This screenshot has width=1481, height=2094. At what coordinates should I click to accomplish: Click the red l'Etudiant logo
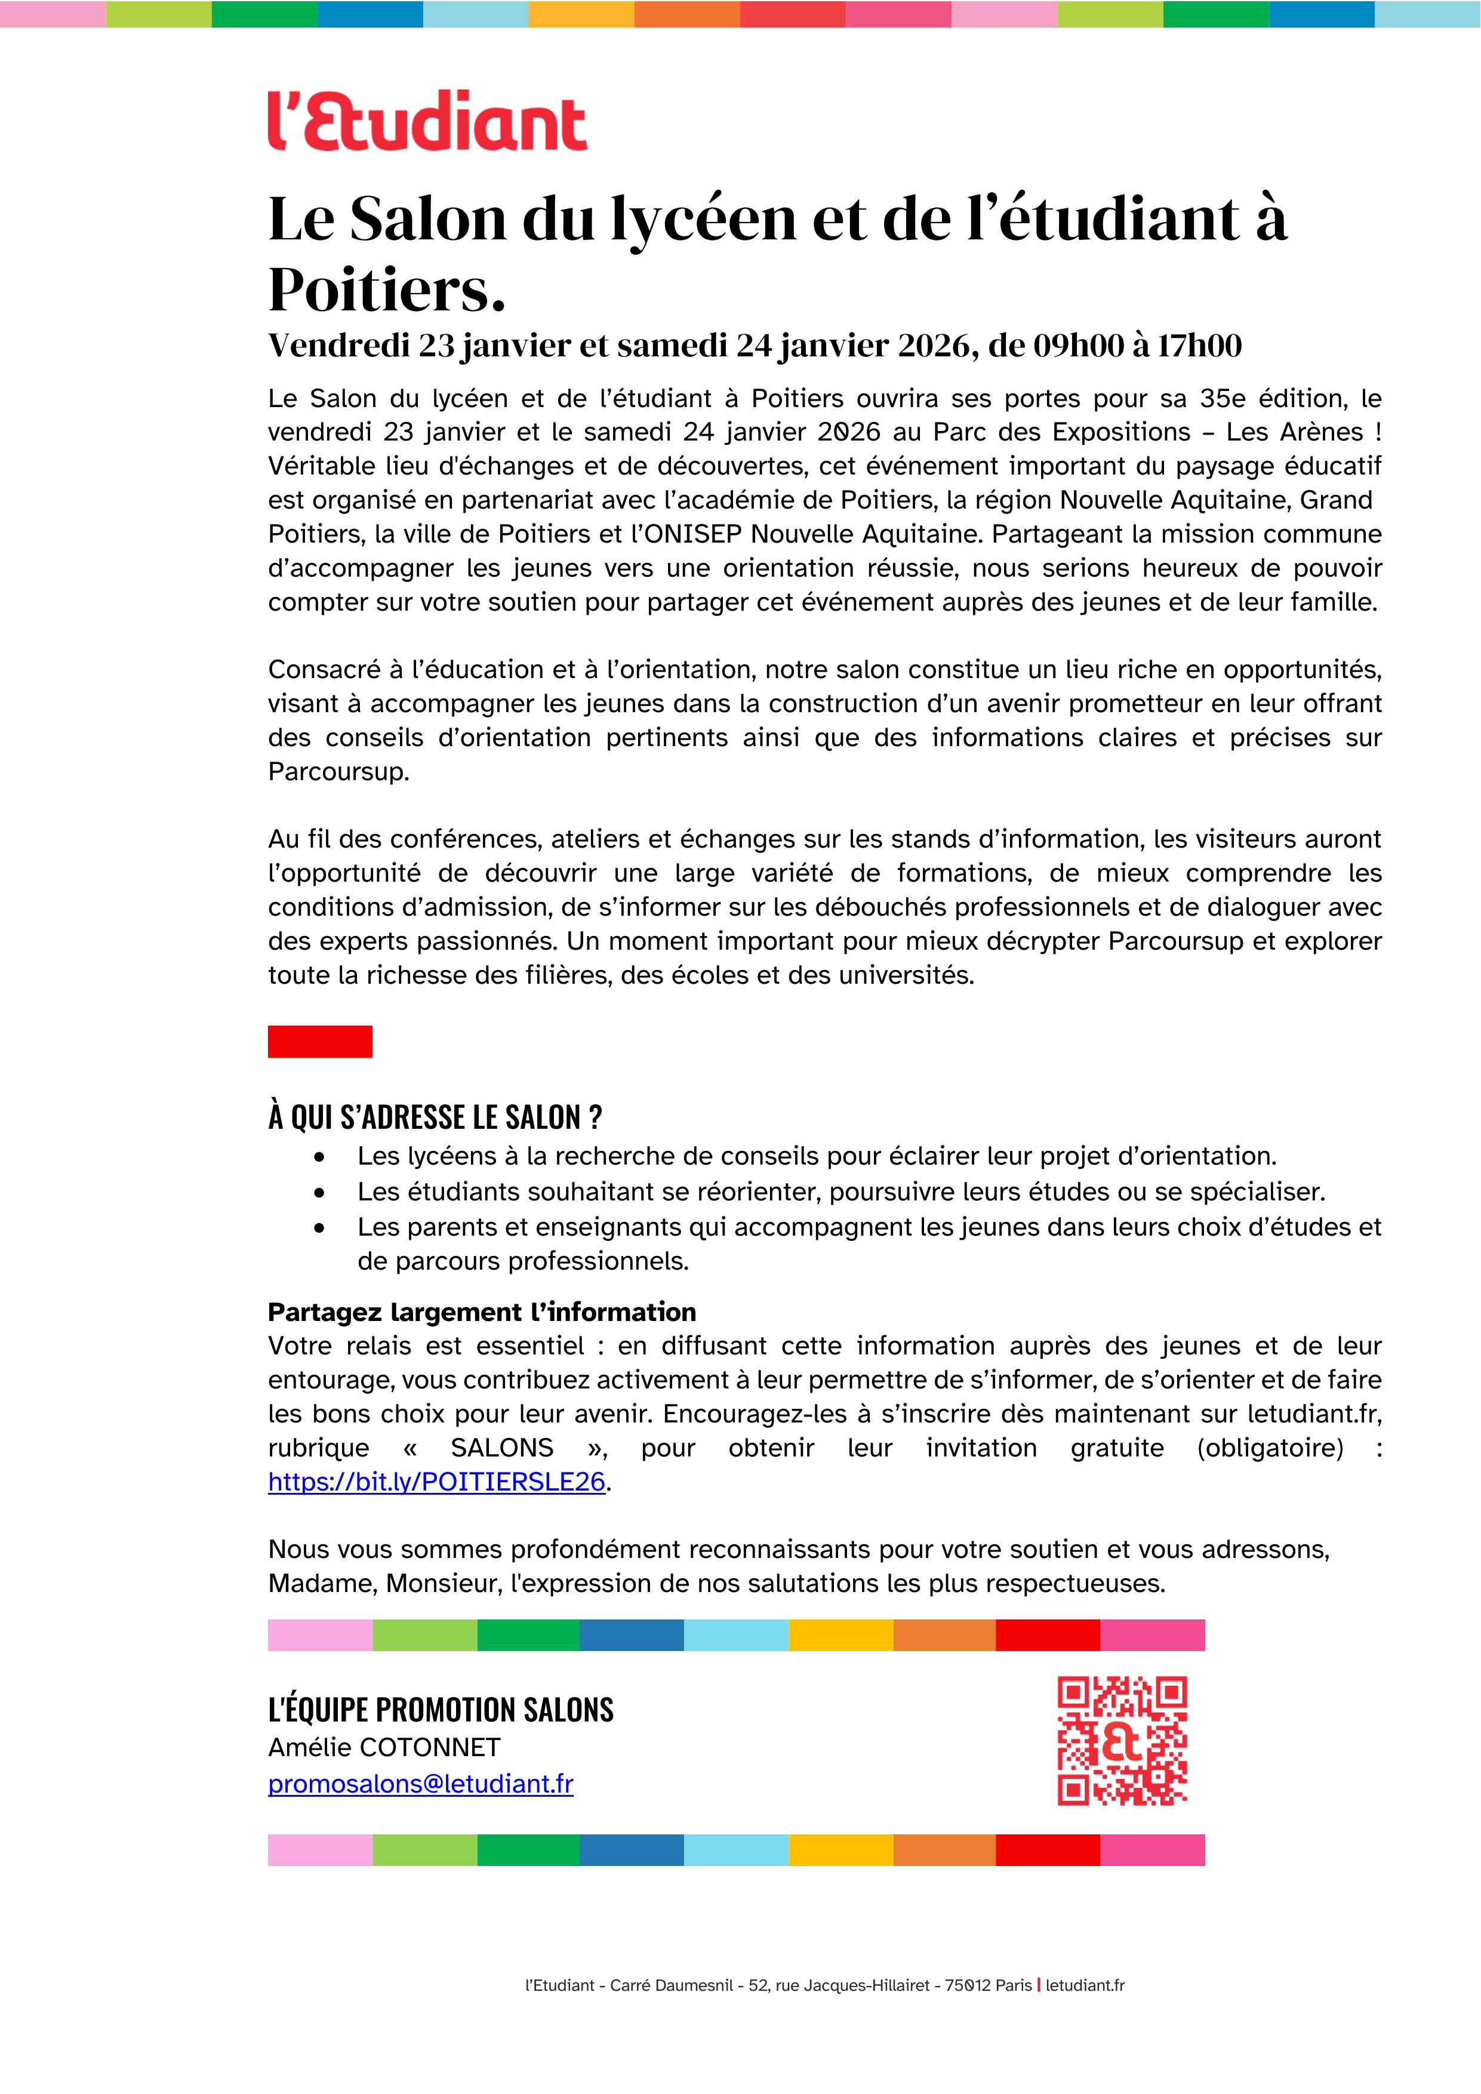(x=427, y=121)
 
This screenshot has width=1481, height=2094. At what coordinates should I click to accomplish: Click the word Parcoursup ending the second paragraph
(x=337, y=772)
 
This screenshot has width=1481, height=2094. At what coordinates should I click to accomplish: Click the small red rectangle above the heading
(x=319, y=1042)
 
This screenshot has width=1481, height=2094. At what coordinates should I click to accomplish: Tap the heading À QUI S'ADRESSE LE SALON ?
(x=435, y=1117)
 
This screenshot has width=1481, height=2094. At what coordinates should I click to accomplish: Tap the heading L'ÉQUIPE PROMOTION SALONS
(x=441, y=1709)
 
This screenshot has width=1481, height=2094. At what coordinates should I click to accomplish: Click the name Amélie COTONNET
(x=384, y=1747)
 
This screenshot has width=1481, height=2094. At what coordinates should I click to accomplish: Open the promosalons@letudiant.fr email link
(x=420, y=1784)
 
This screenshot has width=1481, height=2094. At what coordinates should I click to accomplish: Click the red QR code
(x=1122, y=1741)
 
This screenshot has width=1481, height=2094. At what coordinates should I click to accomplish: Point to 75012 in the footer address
(x=962, y=1985)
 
